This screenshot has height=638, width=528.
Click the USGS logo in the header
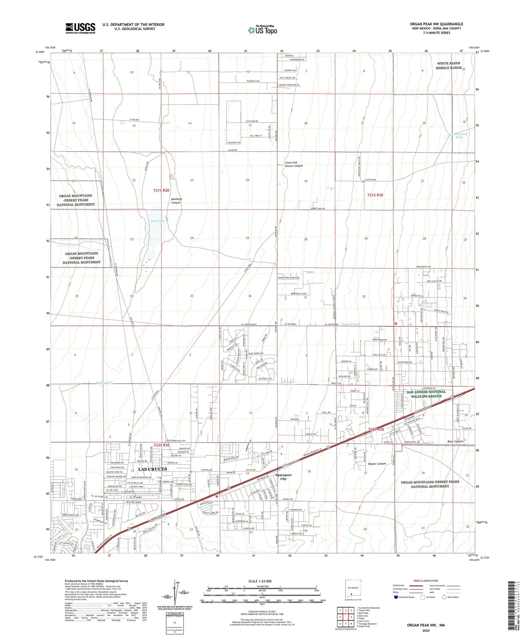80,28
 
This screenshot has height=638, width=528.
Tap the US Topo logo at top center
262,30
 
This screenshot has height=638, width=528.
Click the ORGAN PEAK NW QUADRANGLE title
436,24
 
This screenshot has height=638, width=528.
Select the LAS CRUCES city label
152,469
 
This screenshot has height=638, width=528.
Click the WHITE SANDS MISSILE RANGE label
449,65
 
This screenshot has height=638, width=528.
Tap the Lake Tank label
157,221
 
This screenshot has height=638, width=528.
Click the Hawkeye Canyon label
176,201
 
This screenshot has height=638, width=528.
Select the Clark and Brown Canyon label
294,164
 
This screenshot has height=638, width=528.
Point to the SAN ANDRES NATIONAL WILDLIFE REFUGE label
424,394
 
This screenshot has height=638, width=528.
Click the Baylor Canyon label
377,464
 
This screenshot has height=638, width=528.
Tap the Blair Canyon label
455,441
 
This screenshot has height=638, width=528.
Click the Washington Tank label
429,305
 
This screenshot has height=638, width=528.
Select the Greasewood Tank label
459,136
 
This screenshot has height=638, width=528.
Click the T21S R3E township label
375,195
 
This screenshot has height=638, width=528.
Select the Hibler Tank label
105,383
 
